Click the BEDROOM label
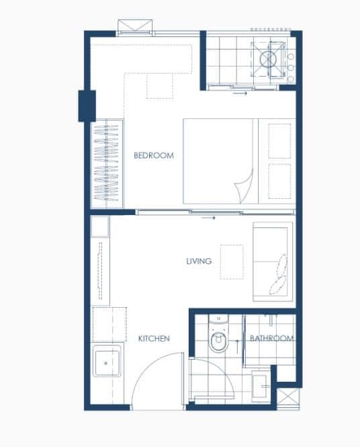coord(154,155)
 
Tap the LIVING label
coord(199,261)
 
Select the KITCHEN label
coord(154,338)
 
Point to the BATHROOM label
coord(271,338)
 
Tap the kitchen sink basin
coord(107,361)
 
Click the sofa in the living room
coord(273,261)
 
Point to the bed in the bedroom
coord(239,161)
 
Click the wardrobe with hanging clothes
coord(107,163)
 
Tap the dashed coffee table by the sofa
coord(232,261)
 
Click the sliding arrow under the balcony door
coord(240,93)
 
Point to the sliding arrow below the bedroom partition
coord(208,218)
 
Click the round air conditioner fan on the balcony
coord(268,60)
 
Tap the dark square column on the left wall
coord(87,106)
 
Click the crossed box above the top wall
coord(135,25)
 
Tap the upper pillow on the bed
coord(279,141)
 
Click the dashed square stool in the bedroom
coord(160,87)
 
